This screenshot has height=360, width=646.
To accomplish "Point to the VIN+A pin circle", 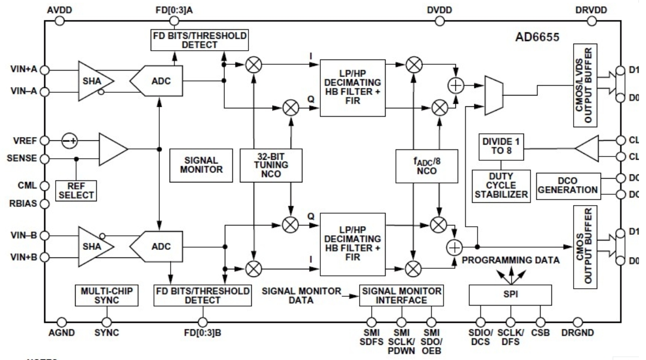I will pyautogui.click(x=45, y=70).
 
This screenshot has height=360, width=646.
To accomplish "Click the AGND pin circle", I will pyautogui.click(x=61, y=322).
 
